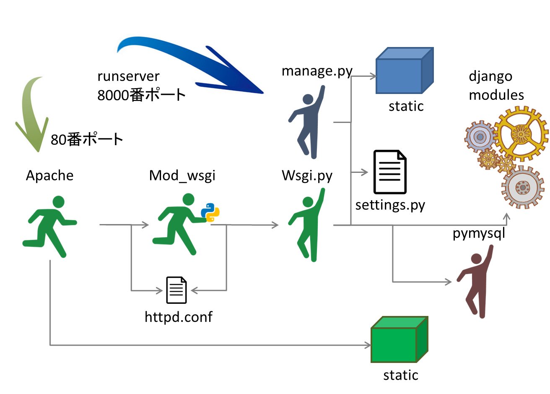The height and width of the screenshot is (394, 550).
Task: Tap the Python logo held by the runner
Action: (210, 212)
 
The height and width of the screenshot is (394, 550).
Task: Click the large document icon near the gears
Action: (390, 172)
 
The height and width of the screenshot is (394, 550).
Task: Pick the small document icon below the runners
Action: (176, 290)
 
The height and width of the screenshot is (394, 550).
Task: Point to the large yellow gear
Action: (521, 134)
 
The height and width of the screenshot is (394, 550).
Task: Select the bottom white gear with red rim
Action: (522, 187)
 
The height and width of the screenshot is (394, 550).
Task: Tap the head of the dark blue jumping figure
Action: (308, 100)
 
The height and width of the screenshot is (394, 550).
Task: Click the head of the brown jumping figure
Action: (476, 259)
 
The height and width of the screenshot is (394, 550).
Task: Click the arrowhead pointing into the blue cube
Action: (373, 76)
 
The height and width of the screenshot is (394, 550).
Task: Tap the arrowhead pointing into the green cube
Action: (368, 345)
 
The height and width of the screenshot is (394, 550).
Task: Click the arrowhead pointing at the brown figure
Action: (449, 282)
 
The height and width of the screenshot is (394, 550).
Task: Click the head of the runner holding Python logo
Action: (189, 200)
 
